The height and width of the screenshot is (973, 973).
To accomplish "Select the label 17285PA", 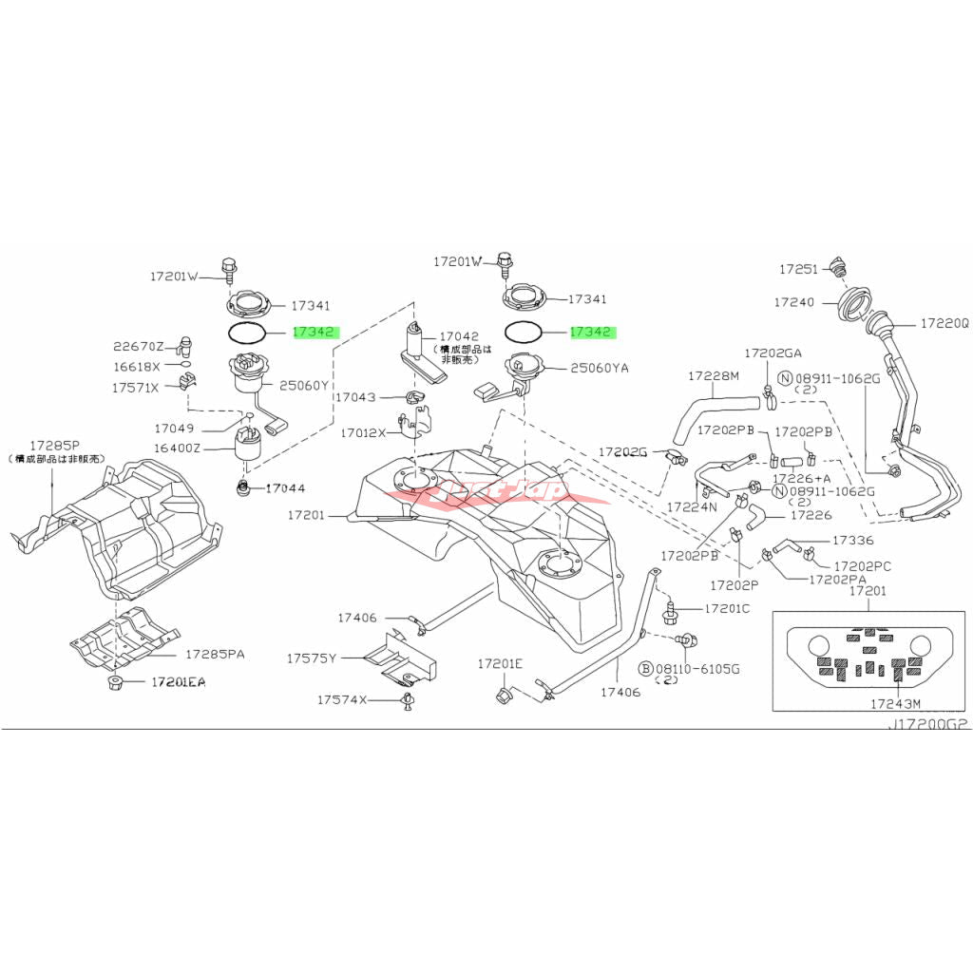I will (215, 655).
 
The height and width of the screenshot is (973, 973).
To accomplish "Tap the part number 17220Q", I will (944, 324).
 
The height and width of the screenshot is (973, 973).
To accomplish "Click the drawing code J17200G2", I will (928, 724).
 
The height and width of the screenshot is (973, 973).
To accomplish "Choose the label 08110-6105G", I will (701, 669).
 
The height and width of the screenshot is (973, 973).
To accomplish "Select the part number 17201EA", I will (178, 682).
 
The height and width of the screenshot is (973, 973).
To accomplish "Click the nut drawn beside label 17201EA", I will (115, 683).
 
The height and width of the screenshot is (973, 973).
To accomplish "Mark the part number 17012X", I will (363, 432).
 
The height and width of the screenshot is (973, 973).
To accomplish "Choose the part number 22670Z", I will (139, 346).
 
